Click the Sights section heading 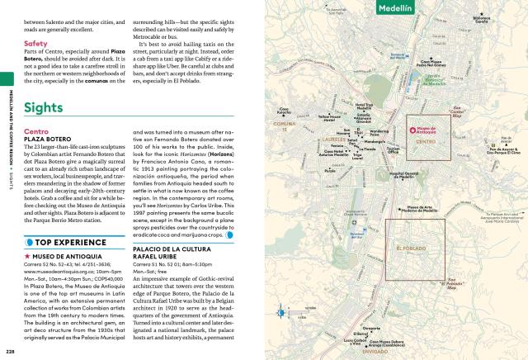[x=43, y=108]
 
